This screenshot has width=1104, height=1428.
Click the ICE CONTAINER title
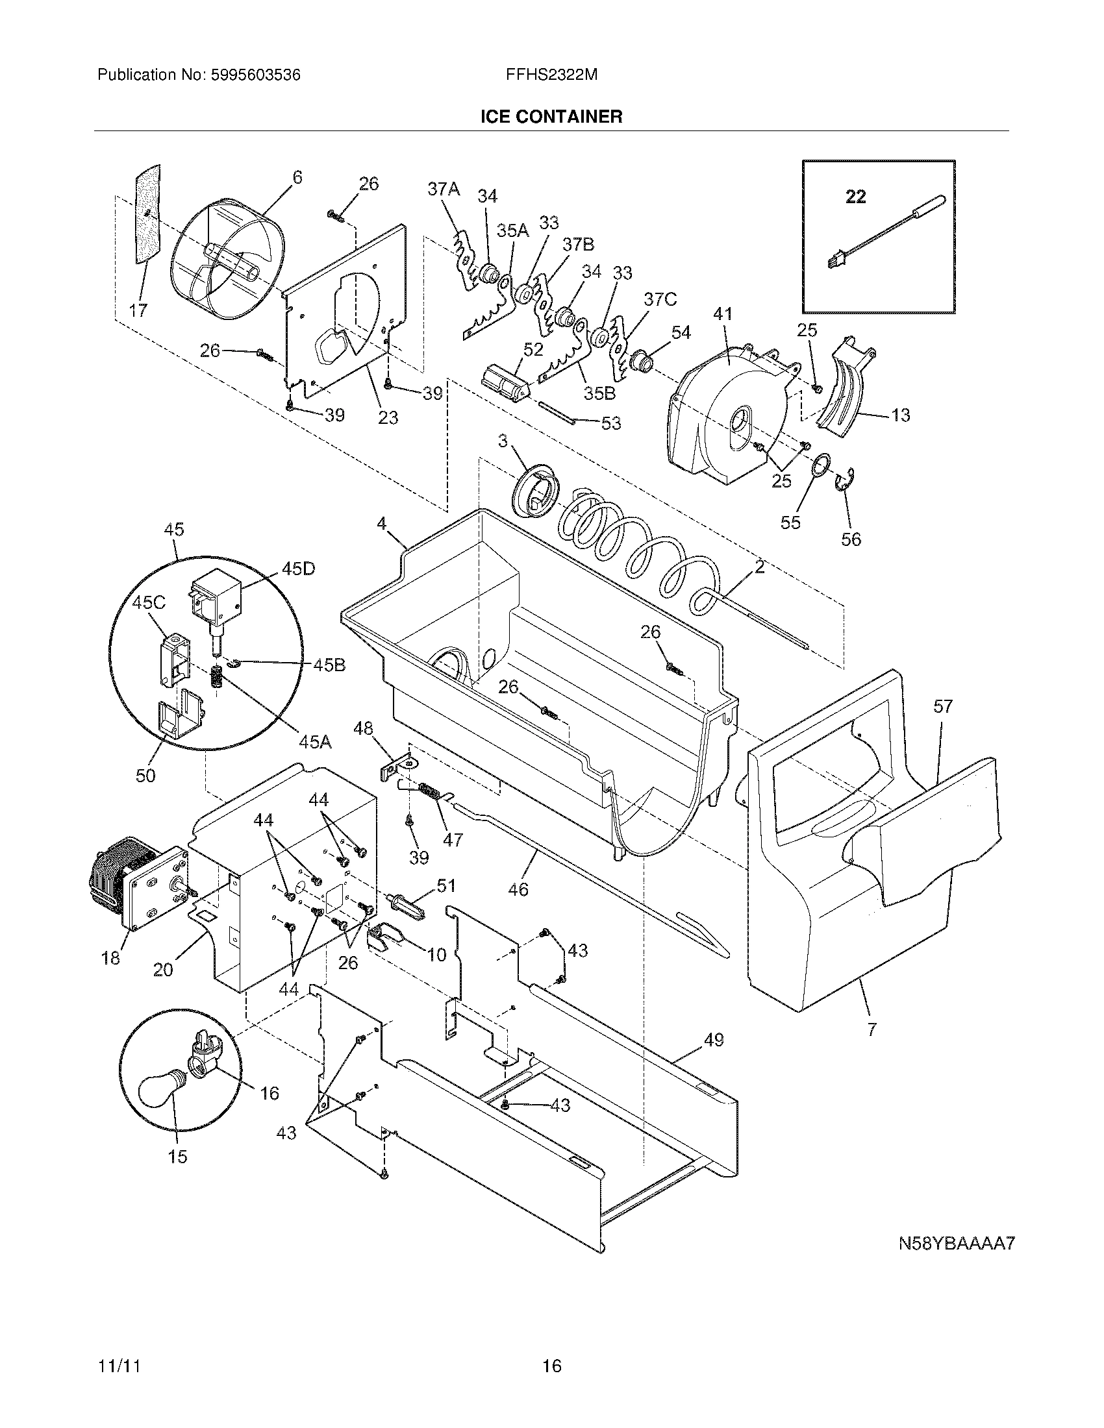(x=551, y=117)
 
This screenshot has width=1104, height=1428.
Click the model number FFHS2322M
(x=551, y=75)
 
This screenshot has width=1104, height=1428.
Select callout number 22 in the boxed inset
(x=855, y=197)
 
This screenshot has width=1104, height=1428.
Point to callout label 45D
(x=297, y=569)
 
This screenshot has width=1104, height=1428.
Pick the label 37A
(x=444, y=190)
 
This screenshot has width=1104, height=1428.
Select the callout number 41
(x=722, y=315)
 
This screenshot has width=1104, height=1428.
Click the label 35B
(x=600, y=393)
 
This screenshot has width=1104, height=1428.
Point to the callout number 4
(x=381, y=523)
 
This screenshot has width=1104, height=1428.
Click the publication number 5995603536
(x=255, y=75)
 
